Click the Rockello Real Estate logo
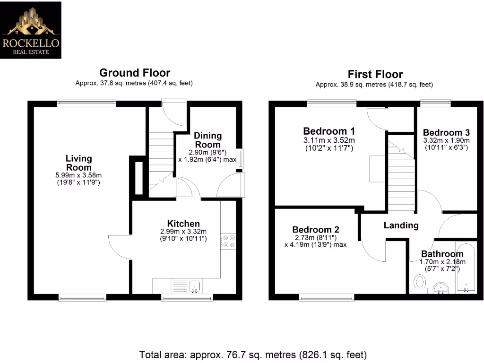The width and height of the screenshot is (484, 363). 31,30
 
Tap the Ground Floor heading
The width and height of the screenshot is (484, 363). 135,73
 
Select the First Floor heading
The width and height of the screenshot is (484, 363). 375,74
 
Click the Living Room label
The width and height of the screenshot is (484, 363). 78,163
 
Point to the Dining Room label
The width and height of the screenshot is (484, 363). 207,140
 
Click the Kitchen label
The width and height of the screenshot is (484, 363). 183,224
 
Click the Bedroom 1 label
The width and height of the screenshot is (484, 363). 329,131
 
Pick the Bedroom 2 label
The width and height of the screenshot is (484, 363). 315,230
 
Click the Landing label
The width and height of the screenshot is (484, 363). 401,225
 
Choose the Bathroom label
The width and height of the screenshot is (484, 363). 442,254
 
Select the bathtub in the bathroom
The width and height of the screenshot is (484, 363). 466,269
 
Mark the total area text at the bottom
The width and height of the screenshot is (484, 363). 253,354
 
